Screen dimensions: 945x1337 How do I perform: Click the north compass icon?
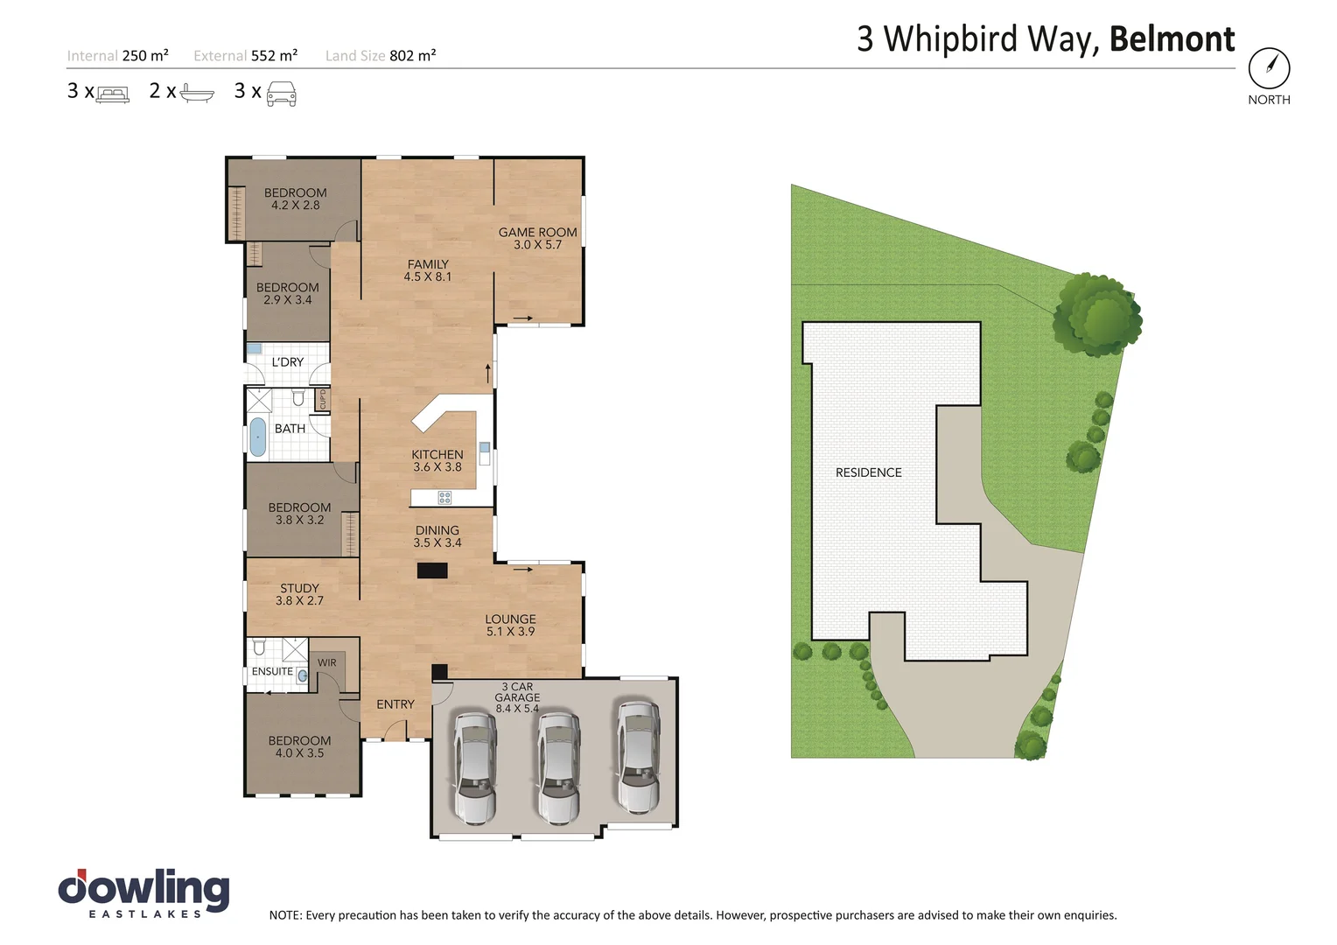[1269, 67]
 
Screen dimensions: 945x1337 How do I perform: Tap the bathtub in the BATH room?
[258, 437]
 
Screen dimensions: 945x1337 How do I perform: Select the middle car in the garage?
[557, 767]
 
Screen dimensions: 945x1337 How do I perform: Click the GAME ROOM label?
[537, 238]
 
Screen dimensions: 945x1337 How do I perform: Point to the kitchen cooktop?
[444, 498]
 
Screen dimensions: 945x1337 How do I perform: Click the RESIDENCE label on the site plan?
[868, 472]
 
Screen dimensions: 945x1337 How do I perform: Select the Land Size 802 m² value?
[412, 56]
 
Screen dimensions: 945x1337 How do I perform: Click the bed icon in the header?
[112, 94]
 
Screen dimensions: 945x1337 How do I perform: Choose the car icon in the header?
[281, 93]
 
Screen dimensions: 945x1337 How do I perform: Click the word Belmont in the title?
[1172, 39]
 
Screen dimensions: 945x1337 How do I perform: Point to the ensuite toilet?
[259, 647]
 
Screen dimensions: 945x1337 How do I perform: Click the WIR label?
[326, 662]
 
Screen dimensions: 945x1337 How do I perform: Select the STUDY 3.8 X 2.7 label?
[299, 594]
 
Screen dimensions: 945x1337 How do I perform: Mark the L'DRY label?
[287, 361]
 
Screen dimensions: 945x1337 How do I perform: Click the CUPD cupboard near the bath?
[322, 399]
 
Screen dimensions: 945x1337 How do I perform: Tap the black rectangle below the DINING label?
[432, 570]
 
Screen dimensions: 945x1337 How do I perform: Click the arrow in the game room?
[523, 318]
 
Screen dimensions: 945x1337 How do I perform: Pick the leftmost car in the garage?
[473, 767]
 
